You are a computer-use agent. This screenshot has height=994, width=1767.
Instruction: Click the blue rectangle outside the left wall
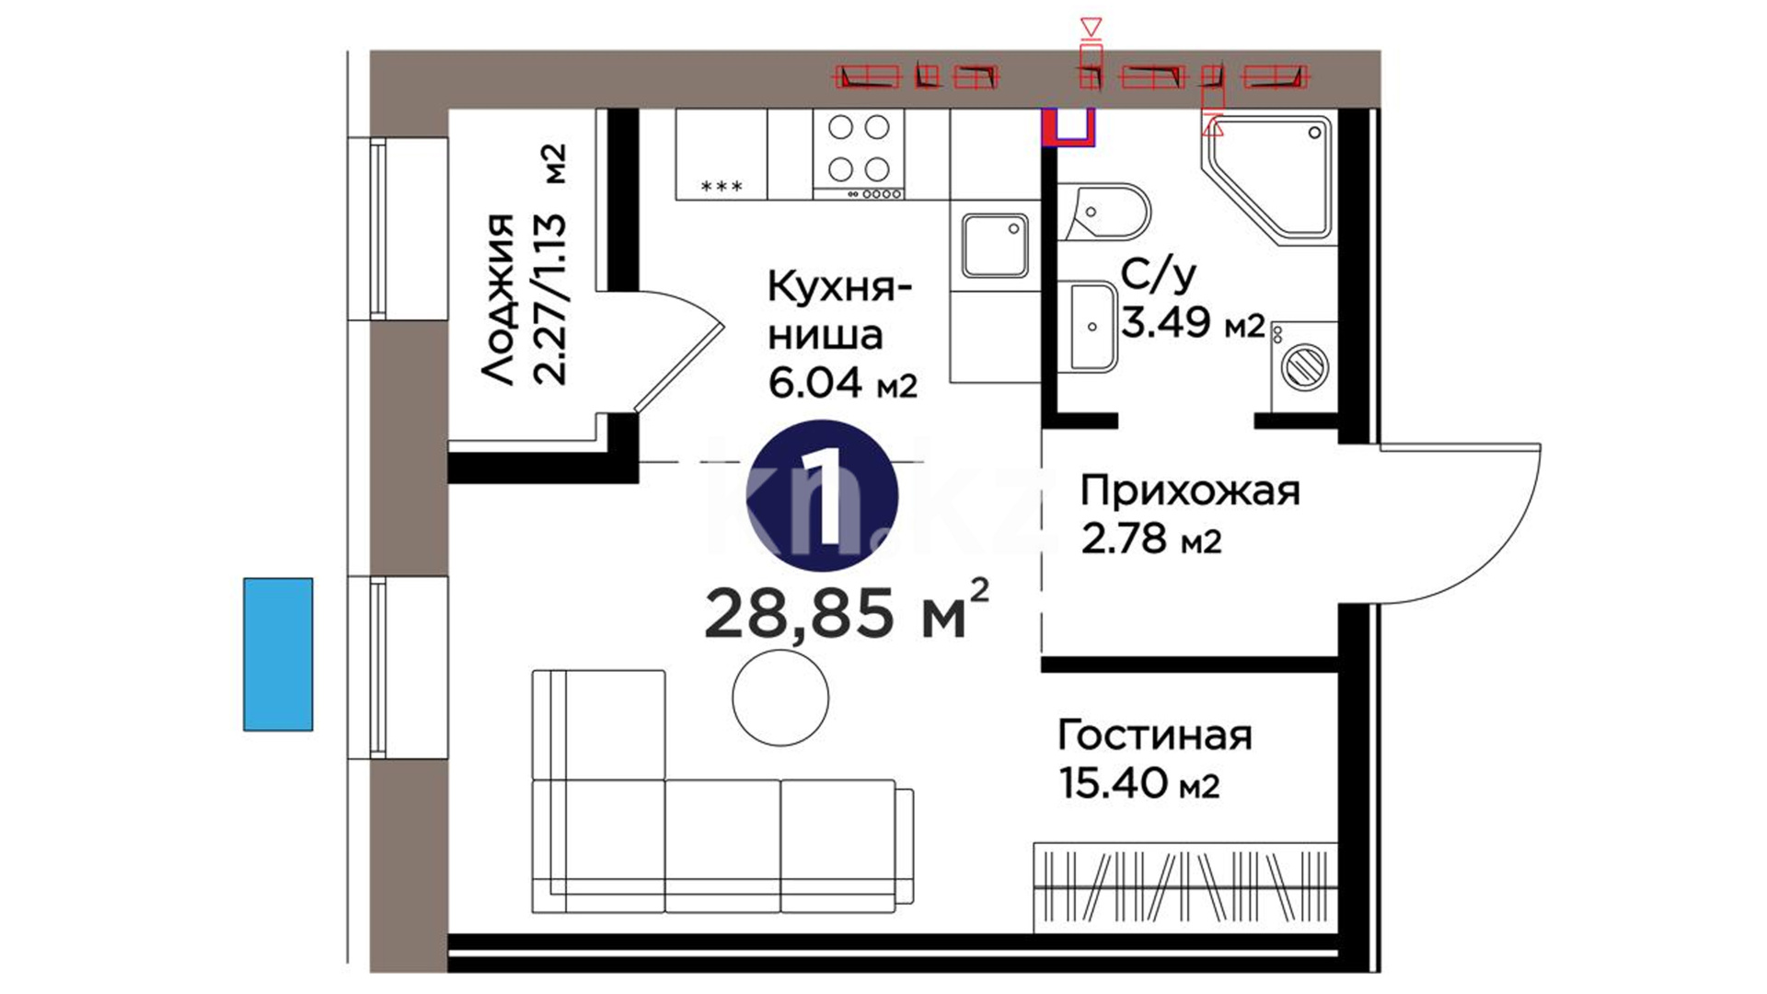[x=278, y=654]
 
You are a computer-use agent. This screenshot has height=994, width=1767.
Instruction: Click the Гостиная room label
[x=1155, y=735]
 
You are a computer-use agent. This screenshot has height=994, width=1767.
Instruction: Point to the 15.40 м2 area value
[x=1139, y=783]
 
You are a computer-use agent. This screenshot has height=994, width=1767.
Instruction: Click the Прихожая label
[x=1190, y=492]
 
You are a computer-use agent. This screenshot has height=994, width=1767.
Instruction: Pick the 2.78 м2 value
[x=1151, y=538]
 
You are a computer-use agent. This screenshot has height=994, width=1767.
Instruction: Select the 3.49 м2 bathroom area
[x=1194, y=322]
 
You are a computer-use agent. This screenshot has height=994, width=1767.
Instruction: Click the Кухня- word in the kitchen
[x=840, y=288]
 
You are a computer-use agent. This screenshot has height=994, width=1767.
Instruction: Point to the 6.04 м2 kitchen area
[x=843, y=382]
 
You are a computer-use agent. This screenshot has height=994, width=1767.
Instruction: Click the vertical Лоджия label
[x=498, y=300]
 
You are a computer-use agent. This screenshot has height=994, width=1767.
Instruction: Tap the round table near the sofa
[x=780, y=698]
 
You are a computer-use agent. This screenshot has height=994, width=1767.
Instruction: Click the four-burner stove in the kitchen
[x=859, y=154]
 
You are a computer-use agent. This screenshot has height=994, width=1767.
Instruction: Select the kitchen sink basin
[x=995, y=246]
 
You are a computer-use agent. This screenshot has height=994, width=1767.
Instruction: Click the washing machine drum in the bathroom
[x=1304, y=365]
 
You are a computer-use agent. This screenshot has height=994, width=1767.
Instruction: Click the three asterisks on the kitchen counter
[x=722, y=187]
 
